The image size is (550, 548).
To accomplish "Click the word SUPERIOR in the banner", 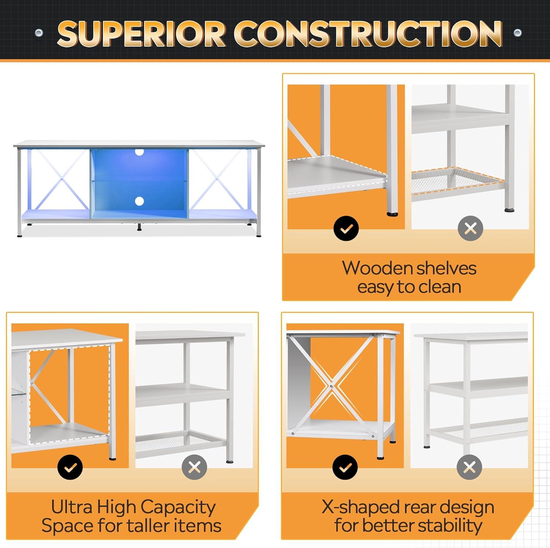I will pyautogui.click(x=141, y=34).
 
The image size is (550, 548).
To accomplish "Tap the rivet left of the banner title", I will pyautogui.click(x=39, y=33).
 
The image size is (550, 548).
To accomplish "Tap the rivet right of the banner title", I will pyautogui.click(x=517, y=33).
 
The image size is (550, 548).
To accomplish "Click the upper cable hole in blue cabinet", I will pyautogui.click(x=139, y=151).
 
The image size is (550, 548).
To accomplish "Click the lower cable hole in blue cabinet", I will pyautogui.click(x=139, y=201).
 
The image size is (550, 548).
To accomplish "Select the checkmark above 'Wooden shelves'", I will pyautogui.click(x=346, y=229).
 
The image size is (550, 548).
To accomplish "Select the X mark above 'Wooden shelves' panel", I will pyautogui.click(x=470, y=229).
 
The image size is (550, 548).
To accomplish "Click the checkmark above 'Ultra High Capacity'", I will pyautogui.click(x=70, y=467).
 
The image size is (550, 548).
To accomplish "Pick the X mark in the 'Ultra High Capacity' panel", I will pyautogui.click(x=194, y=467).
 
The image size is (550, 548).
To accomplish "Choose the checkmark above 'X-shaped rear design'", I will pyautogui.click(x=345, y=467).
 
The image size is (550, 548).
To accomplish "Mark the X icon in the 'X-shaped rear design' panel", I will pyautogui.click(x=469, y=467).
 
